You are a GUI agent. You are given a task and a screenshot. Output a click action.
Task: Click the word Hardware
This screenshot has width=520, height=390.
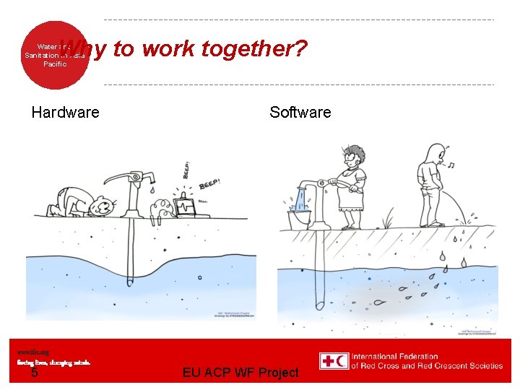[66, 112]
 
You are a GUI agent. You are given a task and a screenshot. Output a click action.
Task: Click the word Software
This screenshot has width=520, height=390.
[300, 112]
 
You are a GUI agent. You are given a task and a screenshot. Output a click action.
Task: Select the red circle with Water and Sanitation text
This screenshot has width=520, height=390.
[53, 55]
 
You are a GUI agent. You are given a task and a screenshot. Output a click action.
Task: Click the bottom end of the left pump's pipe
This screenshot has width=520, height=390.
[130, 282]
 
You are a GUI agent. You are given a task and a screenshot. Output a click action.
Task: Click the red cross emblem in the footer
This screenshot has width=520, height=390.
[328, 361]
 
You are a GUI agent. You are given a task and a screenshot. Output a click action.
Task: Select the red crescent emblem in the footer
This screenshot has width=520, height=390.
[342, 361]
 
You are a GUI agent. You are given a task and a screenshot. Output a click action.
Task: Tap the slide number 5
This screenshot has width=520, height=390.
[34, 373]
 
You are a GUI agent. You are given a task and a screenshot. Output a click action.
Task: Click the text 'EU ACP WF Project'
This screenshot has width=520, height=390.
[240, 373]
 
